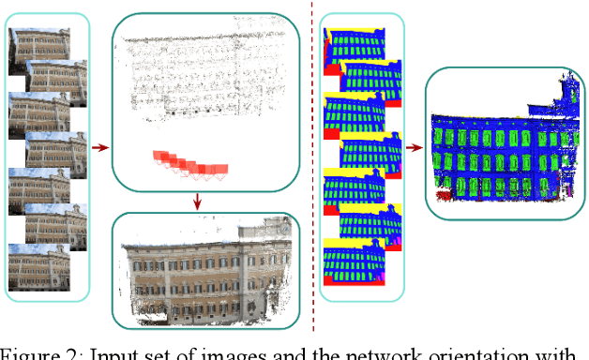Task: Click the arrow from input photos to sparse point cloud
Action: click(100, 146)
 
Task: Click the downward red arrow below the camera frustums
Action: click(198, 201)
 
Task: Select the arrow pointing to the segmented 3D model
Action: click(412, 147)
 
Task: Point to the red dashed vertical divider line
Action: click(312, 169)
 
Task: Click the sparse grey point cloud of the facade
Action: click(203, 75)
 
